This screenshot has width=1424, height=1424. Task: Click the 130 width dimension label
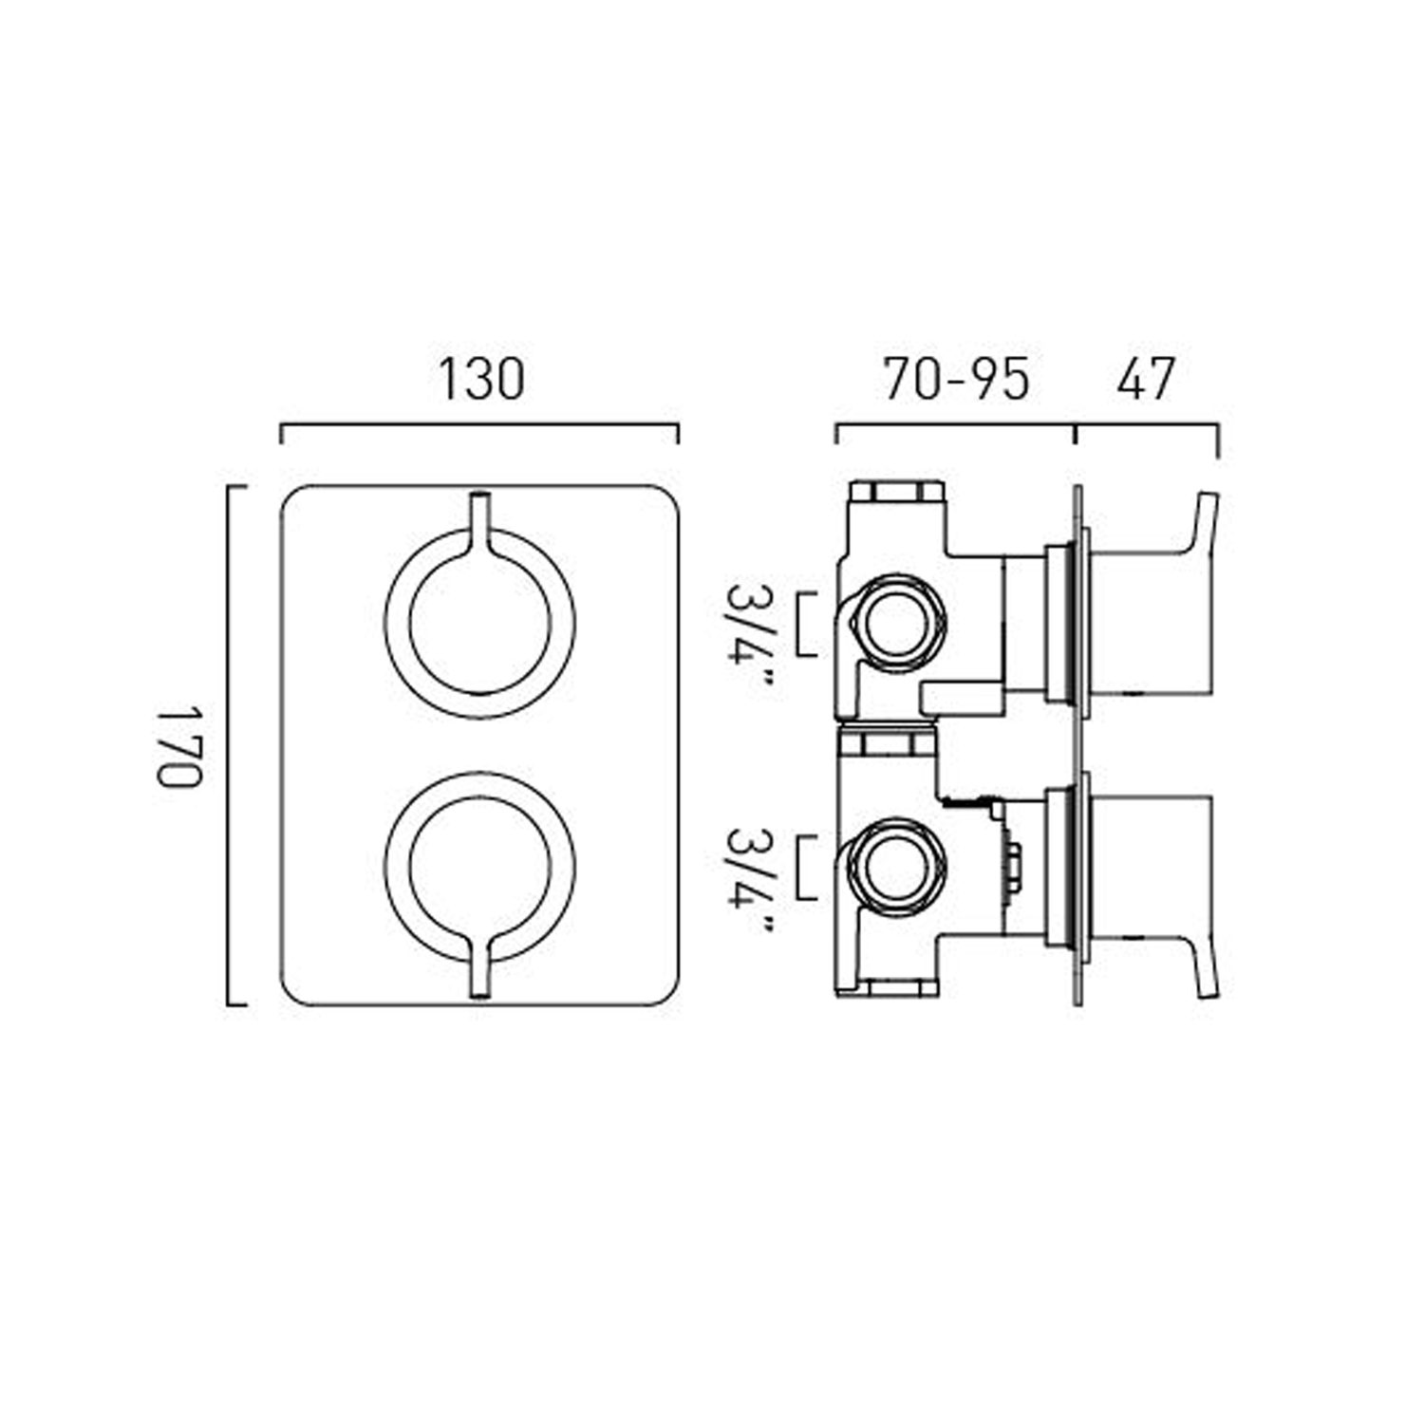(480, 379)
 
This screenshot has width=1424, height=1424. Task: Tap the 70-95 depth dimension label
(956, 379)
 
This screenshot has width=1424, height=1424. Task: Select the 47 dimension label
(1146, 379)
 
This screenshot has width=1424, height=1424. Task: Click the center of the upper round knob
(479, 622)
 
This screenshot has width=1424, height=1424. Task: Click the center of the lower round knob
(479, 868)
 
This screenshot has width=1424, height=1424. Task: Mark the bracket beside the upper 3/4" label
(808, 624)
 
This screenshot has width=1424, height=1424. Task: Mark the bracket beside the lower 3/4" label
(808, 868)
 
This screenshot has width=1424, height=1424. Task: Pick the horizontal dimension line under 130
(479, 427)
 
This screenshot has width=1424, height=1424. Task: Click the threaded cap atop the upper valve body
(896, 492)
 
